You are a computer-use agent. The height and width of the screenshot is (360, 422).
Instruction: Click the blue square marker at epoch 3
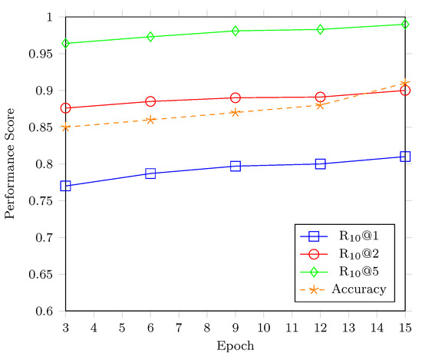[x=65, y=186]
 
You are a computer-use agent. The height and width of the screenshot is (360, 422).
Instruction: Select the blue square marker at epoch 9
[x=236, y=166]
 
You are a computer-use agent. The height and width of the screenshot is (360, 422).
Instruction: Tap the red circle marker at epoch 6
[x=150, y=101]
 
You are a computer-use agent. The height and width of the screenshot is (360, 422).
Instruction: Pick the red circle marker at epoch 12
[x=320, y=97]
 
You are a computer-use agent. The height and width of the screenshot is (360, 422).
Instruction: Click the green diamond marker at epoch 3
[x=65, y=43]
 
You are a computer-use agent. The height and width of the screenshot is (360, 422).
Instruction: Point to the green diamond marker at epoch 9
[x=236, y=31]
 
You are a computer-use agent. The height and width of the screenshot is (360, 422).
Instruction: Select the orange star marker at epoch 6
[x=150, y=120]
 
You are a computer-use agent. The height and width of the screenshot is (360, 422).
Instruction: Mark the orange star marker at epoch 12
[x=320, y=104]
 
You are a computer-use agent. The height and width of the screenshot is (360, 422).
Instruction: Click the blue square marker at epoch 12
[x=320, y=163]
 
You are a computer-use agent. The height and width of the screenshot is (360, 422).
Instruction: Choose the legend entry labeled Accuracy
[x=359, y=289]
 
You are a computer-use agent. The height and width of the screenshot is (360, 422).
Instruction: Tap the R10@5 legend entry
[x=359, y=272]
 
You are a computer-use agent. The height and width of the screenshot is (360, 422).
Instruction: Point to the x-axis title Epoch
[x=236, y=346]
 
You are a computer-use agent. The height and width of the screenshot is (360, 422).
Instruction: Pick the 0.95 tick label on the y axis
[x=38, y=54]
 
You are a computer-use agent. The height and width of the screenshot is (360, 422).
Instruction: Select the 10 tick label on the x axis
[x=263, y=328]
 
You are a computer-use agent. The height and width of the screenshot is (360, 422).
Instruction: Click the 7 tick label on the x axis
[x=179, y=328]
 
